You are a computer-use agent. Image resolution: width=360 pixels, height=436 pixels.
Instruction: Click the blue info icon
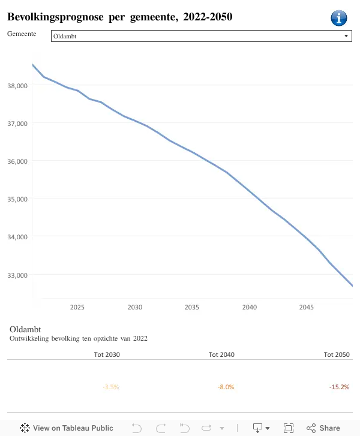coord(338,19)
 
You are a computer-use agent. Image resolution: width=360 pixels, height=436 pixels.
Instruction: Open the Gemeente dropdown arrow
coord(346,36)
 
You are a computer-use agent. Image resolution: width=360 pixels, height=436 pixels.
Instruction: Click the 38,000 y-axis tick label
coord(17,86)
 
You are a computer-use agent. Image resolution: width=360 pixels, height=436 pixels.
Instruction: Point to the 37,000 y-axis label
coord(17,124)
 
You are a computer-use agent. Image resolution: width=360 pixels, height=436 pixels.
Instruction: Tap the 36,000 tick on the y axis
coord(17,161)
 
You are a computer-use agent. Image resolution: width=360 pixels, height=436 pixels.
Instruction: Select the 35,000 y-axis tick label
coord(17,199)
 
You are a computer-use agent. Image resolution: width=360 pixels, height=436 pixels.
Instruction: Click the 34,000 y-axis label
coord(17,237)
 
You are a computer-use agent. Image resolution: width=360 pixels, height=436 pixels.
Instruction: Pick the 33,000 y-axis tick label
coord(17,275)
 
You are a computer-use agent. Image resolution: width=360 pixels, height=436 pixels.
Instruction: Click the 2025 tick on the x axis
coord(77,307)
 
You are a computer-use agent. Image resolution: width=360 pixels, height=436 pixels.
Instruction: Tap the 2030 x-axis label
coord(135,307)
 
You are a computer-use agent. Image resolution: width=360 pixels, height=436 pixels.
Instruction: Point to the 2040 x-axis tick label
coord(250,307)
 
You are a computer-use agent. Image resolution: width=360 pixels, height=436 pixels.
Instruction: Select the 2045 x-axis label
coord(307,307)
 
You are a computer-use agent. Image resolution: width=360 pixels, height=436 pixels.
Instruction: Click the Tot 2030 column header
coord(107,354)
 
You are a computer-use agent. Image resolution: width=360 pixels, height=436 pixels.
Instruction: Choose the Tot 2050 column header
coord(337,354)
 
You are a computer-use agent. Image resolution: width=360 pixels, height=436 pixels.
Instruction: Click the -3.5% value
coord(111,387)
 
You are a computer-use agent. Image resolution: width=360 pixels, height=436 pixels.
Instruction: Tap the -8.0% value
coord(226,387)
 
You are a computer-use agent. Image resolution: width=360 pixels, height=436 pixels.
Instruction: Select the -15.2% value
coord(339,387)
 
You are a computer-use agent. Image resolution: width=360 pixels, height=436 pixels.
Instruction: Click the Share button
coord(323,428)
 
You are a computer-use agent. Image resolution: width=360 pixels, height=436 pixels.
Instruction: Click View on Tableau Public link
coord(67,428)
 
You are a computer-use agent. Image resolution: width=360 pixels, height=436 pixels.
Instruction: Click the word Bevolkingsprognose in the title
coord(55,17)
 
